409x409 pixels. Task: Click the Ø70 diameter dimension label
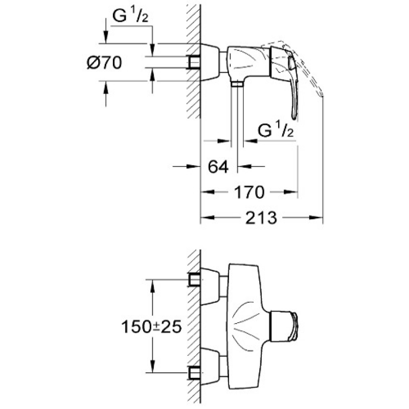(104, 63)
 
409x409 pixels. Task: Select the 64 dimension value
(218, 167)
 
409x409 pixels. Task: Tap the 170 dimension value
(249, 192)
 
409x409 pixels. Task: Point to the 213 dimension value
(261, 218)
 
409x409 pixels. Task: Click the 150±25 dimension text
(151, 327)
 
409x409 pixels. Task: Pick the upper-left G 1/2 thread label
(130, 16)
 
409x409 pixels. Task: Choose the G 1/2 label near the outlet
(276, 130)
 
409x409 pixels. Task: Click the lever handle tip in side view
(294, 116)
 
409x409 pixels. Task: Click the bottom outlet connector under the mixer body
(237, 84)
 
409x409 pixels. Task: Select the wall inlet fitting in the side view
(193, 62)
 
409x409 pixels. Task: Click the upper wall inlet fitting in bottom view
(194, 280)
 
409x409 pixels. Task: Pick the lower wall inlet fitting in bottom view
(194, 372)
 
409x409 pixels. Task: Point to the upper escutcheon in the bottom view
(210, 286)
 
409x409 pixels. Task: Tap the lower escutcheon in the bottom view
(210, 366)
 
